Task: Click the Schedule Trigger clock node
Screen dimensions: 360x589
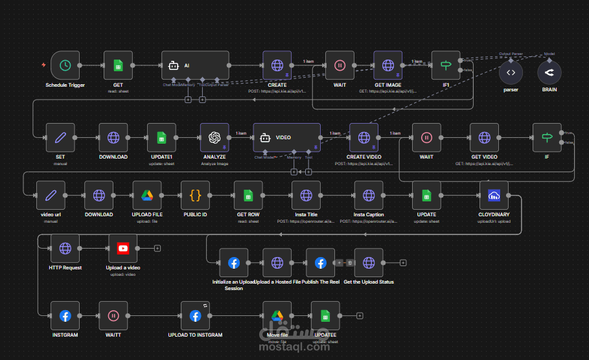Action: tap(65, 65)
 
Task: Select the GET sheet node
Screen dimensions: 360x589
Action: tap(118, 65)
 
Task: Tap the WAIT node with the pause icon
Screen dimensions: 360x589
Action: tap(340, 65)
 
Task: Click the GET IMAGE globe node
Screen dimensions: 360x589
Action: tap(388, 65)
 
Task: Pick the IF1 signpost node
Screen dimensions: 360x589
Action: tap(446, 65)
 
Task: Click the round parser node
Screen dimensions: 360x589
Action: tap(511, 73)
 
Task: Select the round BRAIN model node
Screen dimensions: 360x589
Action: tap(549, 73)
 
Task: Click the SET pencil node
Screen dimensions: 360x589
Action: tap(60, 137)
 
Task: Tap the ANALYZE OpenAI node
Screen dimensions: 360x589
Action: tap(214, 137)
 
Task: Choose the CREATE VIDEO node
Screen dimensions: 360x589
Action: tap(364, 137)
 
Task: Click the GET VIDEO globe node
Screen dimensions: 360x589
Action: tap(485, 137)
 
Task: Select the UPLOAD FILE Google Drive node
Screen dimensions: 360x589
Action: tap(146, 195)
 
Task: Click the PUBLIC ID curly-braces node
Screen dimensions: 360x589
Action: tap(195, 195)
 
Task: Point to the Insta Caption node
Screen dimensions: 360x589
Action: tap(368, 195)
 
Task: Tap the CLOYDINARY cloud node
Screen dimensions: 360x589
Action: tap(494, 195)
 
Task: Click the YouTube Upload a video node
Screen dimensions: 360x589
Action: tap(122, 248)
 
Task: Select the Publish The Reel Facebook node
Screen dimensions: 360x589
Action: tap(320, 262)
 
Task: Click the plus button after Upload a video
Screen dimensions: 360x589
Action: tap(157, 248)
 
